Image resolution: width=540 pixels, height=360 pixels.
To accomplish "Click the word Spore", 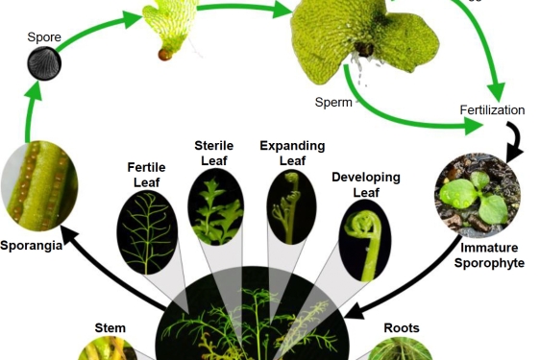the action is pyautogui.click(x=43, y=37).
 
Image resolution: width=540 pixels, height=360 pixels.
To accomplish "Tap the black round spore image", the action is pyautogui.click(x=43, y=66).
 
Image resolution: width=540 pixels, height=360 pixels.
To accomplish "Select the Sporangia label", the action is pyautogui.click(x=32, y=245).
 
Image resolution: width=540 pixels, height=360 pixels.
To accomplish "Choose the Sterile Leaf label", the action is pyautogui.click(x=214, y=154).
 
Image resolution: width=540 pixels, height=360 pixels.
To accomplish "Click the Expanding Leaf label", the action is pyautogui.click(x=292, y=154).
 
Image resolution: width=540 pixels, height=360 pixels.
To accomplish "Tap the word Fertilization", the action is pyautogui.click(x=492, y=110).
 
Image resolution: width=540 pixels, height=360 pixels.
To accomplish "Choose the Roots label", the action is pyautogui.click(x=402, y=327).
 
